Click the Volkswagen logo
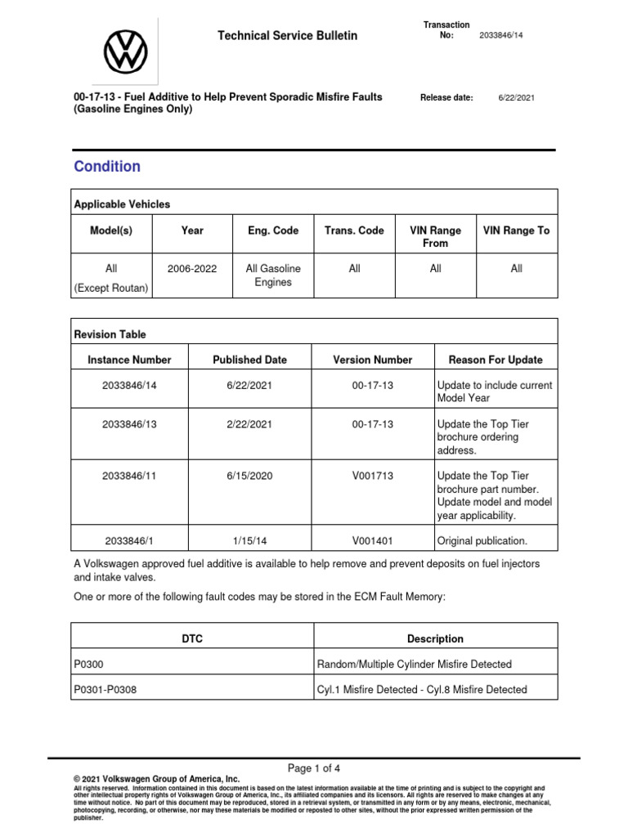point(125,50)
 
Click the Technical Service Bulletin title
point(286,36)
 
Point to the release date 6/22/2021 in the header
point(517,97)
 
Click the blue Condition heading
point(107,167)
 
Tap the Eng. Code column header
point(273,231)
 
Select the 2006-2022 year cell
point(192,268)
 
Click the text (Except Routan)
point(112,288)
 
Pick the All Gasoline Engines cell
point(273,275)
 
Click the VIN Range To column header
point(516,231)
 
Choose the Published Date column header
point(249,360)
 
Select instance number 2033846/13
point(129,424)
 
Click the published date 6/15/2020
point(249,476)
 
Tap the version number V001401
point(372,540)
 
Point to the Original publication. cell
point(482,540)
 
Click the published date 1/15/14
point(249,540)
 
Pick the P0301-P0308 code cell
point(105,689)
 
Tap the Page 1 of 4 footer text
point(314,768)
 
